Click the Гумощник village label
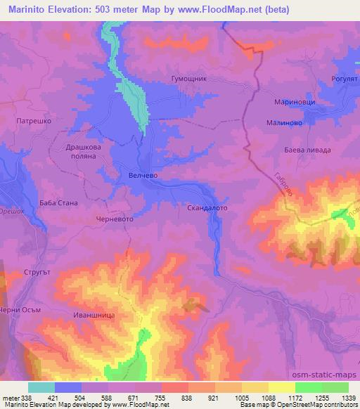coord(189,80)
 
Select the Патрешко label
coord(32,121)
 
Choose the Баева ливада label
coord(308,150)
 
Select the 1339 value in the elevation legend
coord(349,398)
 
